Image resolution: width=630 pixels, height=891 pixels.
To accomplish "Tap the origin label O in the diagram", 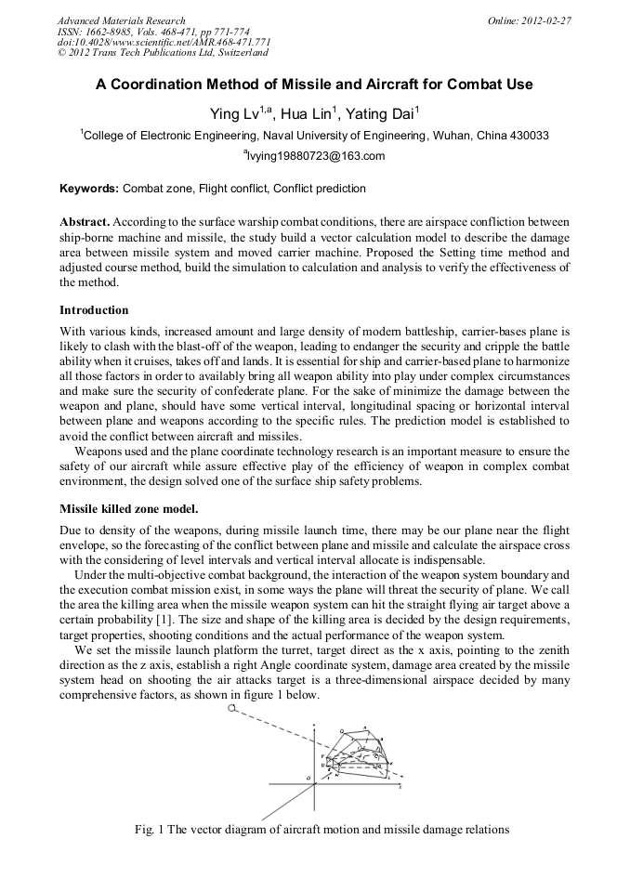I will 308,777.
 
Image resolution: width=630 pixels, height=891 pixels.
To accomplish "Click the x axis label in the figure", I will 400,787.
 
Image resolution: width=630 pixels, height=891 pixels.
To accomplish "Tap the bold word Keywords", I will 88,189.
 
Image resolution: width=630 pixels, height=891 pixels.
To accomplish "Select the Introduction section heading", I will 94,309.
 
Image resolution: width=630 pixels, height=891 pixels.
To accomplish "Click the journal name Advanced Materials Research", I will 121,20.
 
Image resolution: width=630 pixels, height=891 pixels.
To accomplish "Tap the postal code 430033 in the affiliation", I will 528,136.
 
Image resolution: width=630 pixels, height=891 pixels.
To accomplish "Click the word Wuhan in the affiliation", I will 447,136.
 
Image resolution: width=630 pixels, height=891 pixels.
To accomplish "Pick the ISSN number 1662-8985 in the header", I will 106,32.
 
